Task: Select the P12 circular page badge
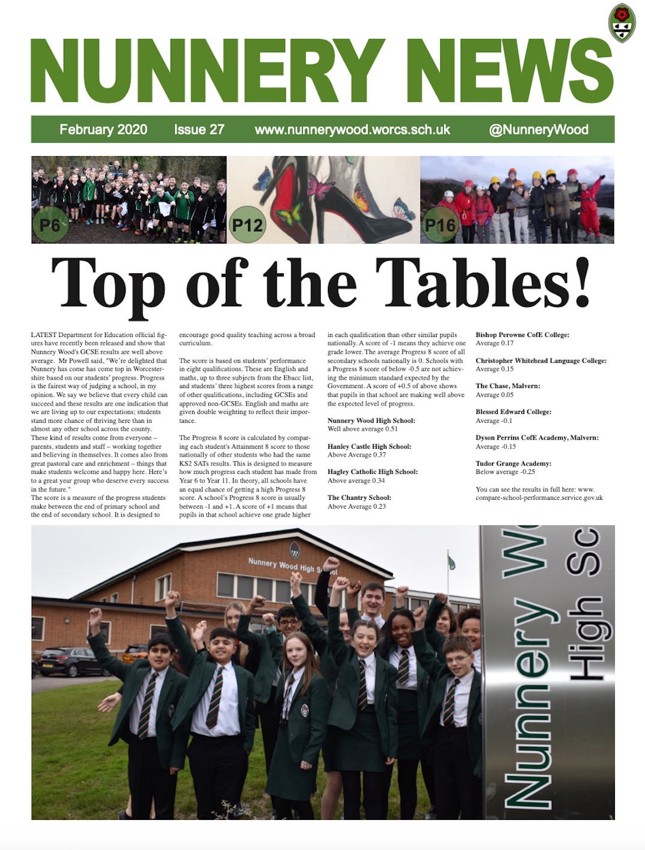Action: coord(247,225)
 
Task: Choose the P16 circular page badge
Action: coord(441,225)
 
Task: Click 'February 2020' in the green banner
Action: coord(103,129)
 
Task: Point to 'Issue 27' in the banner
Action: coord(199,129)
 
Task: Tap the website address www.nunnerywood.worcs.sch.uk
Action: coord(352,129)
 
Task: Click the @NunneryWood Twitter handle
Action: coord(538,129)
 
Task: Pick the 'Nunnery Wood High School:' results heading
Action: coord(371,420)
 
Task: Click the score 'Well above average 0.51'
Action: coord(363,429)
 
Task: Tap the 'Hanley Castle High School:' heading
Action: coord(369,446)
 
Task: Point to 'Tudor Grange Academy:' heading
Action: coord(513,463)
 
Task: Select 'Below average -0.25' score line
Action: coord(505,472)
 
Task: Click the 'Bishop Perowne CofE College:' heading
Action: coord(522,335)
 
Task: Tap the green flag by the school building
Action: coord(451,562)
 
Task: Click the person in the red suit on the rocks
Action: coord(590,204)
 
